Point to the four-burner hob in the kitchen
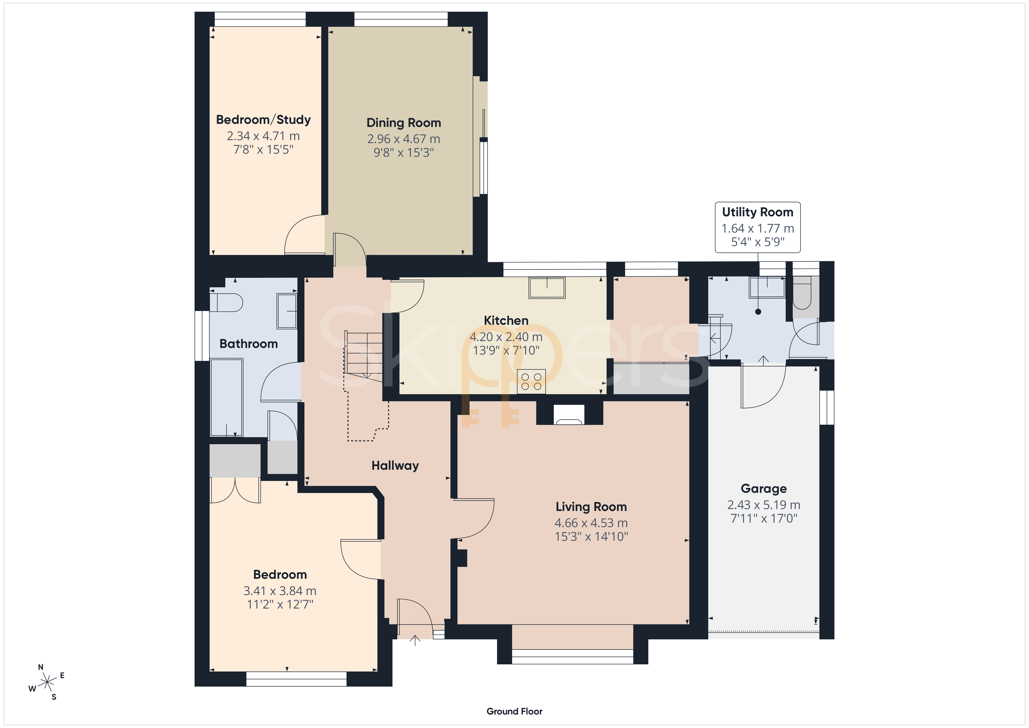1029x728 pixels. pos(531,381)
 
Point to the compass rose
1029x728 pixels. pos(47,683)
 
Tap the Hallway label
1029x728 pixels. pos(395,466)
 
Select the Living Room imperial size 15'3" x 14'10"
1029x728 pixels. pos(591,536)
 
